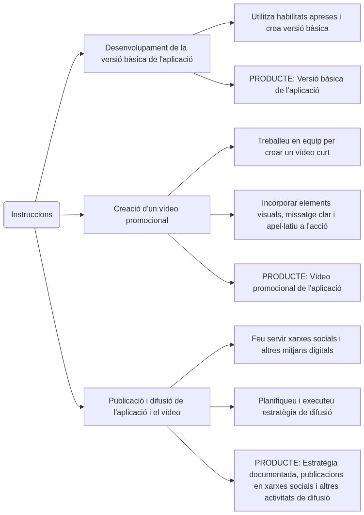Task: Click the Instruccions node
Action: pos(32,214)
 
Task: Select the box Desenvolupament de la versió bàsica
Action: pos(147,54)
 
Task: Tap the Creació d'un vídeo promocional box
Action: pos(147,215)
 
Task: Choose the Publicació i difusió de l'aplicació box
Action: pos(147,407)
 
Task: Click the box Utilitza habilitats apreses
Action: pos(297,23)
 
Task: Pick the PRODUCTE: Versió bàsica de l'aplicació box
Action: pos(297,85)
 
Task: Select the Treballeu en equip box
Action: pos(297,147)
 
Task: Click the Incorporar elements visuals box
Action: pos(297,215)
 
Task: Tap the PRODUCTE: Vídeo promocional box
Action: pos(297,283)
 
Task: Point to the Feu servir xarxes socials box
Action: pos(297,345)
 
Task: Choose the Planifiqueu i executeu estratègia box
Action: pos(297,407)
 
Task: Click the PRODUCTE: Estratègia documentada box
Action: pos(297,480)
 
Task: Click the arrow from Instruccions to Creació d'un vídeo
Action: pos(72,214)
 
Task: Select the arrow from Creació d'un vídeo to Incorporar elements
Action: pos(222,214)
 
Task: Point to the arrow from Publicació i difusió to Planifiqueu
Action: pos(222,407)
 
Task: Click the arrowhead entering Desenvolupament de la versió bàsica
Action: pos(81,54)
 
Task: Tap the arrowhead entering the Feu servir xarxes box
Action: pos(232,345)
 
